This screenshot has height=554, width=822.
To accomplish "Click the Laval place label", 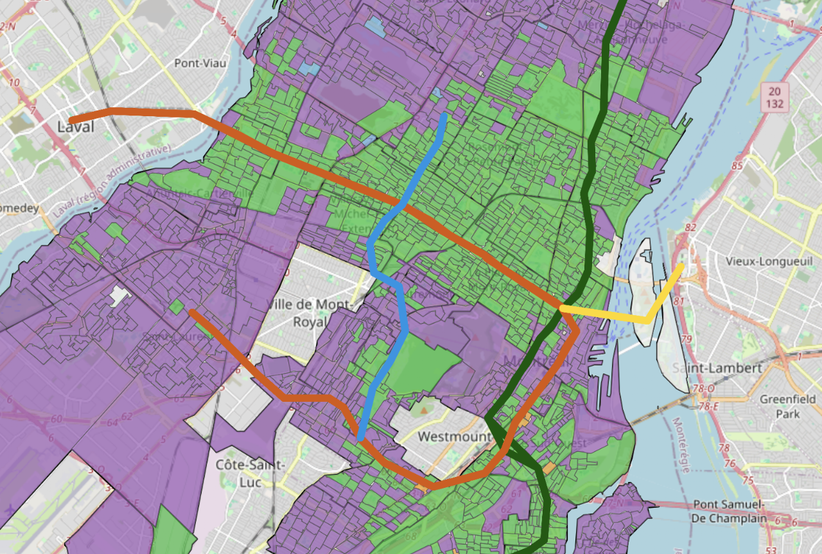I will (76, 126).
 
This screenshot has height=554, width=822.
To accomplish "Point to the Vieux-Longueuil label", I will (758, 262).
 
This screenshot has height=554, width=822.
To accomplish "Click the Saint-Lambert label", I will (717, 368).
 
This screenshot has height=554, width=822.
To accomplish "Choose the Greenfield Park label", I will (787, 406).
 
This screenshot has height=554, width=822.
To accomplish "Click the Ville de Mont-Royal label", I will (309, 312).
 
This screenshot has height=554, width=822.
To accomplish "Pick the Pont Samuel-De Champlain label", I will (730, 511).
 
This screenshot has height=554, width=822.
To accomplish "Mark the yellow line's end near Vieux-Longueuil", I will (681, 265).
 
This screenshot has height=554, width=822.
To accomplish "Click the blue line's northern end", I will (444, 116).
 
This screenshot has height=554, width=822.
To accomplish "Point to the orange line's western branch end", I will (192, 313).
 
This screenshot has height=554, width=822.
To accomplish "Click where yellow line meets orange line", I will (563, 308).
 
